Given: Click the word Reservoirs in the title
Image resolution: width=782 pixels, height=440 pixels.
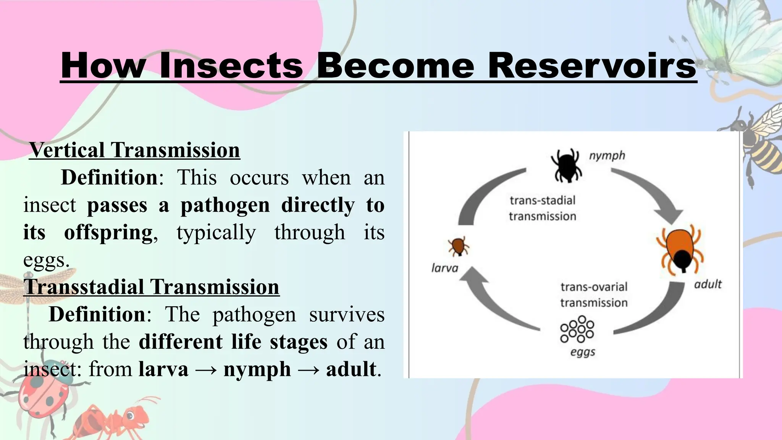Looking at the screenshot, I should [593, 66].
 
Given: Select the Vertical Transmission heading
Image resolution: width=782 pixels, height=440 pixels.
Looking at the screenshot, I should [134, 150].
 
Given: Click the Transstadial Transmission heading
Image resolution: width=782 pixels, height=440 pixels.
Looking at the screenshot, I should [151, 286].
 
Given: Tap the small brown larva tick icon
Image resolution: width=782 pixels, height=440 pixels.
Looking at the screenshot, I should [458, 246].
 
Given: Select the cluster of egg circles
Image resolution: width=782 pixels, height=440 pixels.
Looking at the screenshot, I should [577, 329].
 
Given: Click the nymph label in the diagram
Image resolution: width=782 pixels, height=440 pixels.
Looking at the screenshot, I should [607, 155].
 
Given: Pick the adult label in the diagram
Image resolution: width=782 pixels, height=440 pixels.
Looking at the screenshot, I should [708, 284].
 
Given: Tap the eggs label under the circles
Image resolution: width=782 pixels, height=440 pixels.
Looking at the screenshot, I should [582, 352].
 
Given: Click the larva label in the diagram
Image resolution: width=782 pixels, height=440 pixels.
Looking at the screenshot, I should [444, 268].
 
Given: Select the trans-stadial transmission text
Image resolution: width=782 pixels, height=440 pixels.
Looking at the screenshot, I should [542, 208].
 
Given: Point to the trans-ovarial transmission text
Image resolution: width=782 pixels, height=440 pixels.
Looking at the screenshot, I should [594, 294].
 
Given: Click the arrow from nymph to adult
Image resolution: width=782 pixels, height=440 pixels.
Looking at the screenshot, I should [653, 195].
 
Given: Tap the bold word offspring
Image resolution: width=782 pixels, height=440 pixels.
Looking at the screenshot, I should [108, 232].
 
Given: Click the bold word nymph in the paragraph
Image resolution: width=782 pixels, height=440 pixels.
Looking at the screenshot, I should [257, 369].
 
